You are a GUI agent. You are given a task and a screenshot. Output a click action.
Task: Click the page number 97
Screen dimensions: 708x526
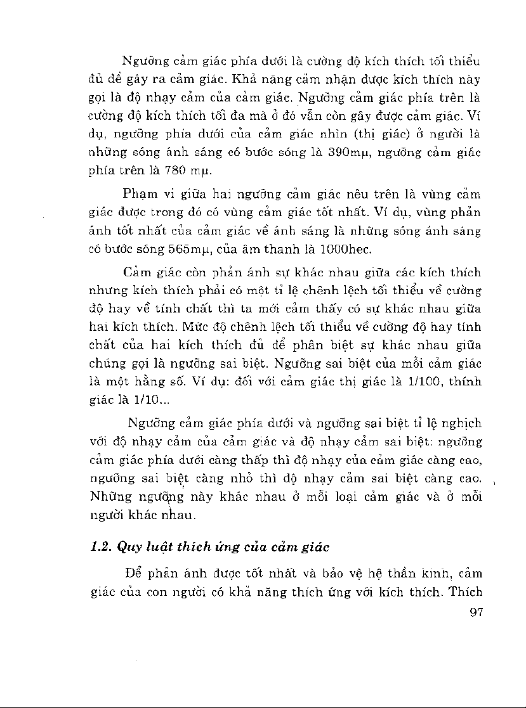(474, 612)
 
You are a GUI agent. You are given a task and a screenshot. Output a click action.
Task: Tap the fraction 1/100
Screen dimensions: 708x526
(419, 382)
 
